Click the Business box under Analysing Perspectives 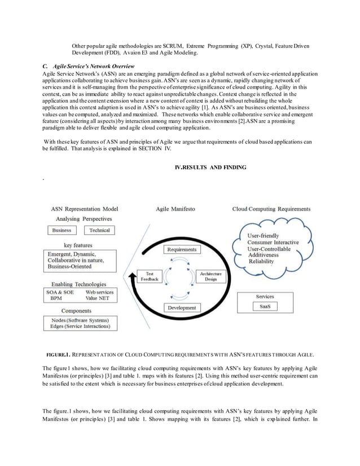[x=62, y=230]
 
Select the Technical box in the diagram [x=99, y=230]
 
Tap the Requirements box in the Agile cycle [x=182, y=249]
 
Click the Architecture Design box [x=210, y=276]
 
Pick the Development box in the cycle [x=182, y=307]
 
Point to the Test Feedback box [x=150, y=276]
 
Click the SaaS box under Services [x=265, y=306]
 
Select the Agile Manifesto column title [x=175, y=209]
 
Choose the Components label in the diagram [x=76, y=311]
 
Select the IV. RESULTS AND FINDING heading [x=210, y=168]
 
